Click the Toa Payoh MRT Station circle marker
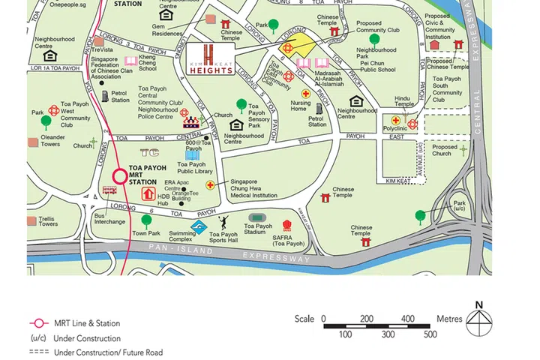pos(120,177)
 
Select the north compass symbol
pos(478,320)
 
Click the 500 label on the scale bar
pos(430,334)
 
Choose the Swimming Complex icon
pos(199,226)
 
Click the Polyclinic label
pos(394,129)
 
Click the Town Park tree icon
pos(146,220)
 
